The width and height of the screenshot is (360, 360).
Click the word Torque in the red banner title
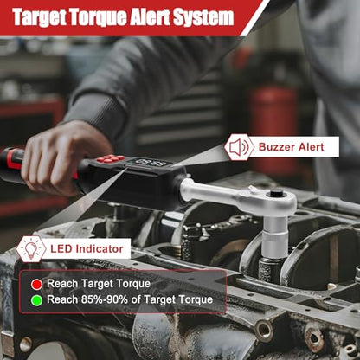point(98,17)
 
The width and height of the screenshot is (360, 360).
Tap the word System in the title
point(203,17)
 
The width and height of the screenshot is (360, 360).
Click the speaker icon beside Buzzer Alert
point(239,147)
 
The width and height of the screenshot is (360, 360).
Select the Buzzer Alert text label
point(292,147)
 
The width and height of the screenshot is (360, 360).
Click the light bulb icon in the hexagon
point(31,249)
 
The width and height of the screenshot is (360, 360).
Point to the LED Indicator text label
point(87,248)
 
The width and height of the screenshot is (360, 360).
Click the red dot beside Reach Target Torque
point(36,285)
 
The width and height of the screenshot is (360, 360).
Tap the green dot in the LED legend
point(36,300)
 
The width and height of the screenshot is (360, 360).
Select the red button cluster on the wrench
point(111,158)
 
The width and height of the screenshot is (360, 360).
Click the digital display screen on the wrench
point(149,163)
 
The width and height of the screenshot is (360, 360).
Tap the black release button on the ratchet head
point(276,193)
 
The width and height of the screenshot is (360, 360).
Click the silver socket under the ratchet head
point(274,236)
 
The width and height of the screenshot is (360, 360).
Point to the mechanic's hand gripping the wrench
point(65,157)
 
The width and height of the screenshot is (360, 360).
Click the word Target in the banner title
point(40,18)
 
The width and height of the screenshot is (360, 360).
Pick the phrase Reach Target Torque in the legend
point(99,284)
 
